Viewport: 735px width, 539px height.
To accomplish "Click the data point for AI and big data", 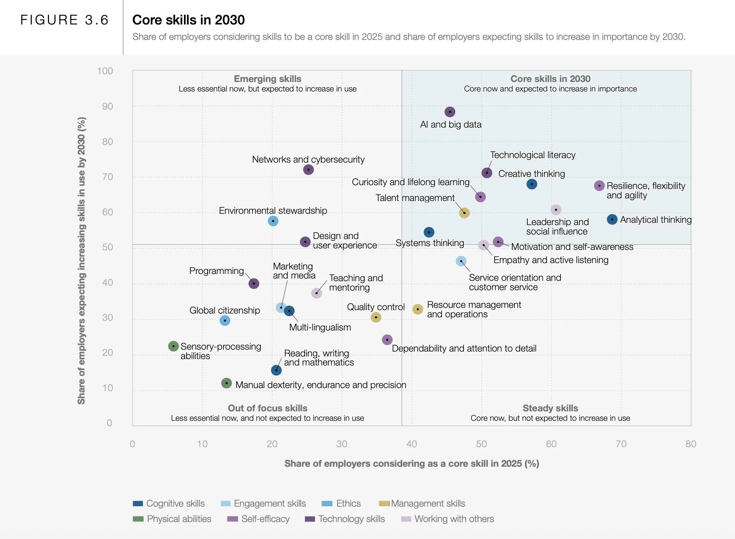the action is tap(450, 112).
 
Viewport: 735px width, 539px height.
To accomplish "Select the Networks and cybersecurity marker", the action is tap(308, 170).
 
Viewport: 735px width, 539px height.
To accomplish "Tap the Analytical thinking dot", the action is tap(612, 219).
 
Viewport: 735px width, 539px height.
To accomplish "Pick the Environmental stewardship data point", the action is tap(273, 221).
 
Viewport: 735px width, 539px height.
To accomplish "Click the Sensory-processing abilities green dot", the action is tap(173, 346).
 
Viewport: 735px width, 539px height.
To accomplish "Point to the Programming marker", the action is tap(254, 283).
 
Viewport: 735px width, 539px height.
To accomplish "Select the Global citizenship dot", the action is tap(225, 321).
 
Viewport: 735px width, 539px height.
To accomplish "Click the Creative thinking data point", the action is tap(532, 184).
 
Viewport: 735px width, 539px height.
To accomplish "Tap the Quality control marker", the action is tap(376, 317).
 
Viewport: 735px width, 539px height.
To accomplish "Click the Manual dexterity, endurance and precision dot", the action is tap(227, 384).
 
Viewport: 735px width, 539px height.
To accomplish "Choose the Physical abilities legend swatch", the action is tap(138, 519).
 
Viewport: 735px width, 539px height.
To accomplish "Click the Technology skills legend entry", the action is tap(345, 519).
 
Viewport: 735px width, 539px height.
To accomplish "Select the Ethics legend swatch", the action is tap(327, 504).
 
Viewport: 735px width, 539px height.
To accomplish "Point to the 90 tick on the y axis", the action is tap(107, 107).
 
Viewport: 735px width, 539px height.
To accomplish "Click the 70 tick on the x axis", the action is tap(621, 444).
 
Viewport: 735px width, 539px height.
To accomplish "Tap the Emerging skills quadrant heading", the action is tap(268, 79).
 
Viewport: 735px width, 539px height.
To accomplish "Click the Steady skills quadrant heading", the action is tap(550, 408).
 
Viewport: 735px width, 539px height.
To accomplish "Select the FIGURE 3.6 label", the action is tap(64, 20).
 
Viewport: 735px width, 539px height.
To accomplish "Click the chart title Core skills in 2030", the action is tap(188, 20).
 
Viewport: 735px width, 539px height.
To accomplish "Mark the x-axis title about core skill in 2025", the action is tap(412, 464).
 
